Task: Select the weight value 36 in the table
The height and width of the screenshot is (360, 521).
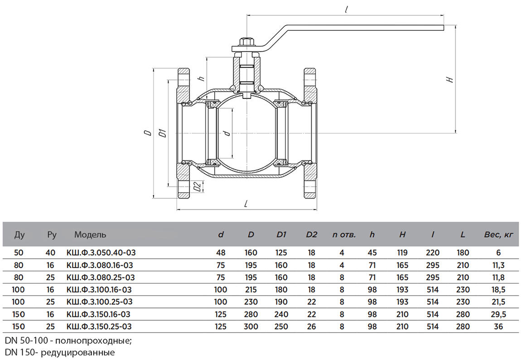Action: point(498,326)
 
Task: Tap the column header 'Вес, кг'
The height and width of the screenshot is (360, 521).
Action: point(498,235)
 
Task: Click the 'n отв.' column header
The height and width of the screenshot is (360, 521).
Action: point(344,235)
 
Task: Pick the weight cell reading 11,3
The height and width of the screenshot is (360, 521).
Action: point(498,265)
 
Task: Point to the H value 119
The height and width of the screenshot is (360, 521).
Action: point(402,253)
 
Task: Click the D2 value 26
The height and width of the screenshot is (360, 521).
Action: point(311,326)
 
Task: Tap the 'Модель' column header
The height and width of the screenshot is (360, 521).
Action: point(90,235)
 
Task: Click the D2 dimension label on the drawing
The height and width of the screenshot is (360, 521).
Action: point(196,186)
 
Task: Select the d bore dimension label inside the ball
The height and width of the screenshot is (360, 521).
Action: point(227,133)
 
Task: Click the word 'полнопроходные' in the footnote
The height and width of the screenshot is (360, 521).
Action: point(96,340)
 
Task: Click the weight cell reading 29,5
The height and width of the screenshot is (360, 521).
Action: point(498,314)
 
